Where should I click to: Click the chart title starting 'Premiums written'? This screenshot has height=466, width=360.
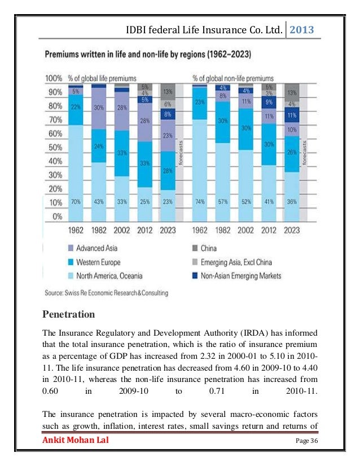tap(148, 56)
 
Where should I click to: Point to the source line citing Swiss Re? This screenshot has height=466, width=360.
tap(106, 293)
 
